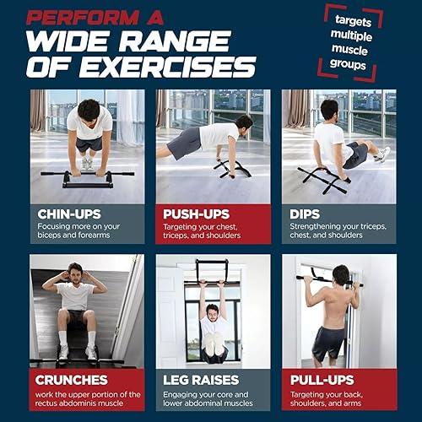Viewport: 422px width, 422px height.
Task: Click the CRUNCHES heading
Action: point(71,380)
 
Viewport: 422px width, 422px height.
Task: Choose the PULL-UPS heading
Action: point(325,380)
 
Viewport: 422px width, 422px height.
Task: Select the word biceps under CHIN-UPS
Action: point(50,236)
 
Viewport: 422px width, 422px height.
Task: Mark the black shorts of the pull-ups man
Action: point(327,342)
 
